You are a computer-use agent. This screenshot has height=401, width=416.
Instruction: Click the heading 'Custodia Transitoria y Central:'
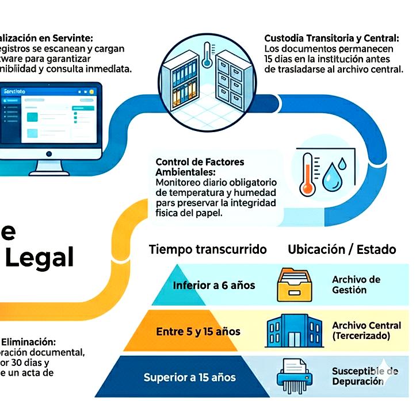[x=331, y=38]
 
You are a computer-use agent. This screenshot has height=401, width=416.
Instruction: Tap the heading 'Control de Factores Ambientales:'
[x=200, y=167]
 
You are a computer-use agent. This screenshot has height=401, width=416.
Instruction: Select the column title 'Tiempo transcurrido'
[x=208, y=249]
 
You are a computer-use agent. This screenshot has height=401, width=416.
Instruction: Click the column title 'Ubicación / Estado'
[x=342, y=249]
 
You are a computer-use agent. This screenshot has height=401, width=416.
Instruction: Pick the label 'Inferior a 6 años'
[x=214, y=286]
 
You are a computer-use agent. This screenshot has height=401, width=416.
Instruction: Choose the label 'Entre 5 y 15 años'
[x=198, y=331]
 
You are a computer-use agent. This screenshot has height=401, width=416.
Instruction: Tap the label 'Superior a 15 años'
[x=189, y=377]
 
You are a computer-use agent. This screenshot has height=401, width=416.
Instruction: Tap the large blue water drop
[x=331, y=179]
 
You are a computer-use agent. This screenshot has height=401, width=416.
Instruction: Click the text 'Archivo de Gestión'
[x=356, y=285]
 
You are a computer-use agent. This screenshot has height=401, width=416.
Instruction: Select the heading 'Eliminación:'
[x=28, y=341]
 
